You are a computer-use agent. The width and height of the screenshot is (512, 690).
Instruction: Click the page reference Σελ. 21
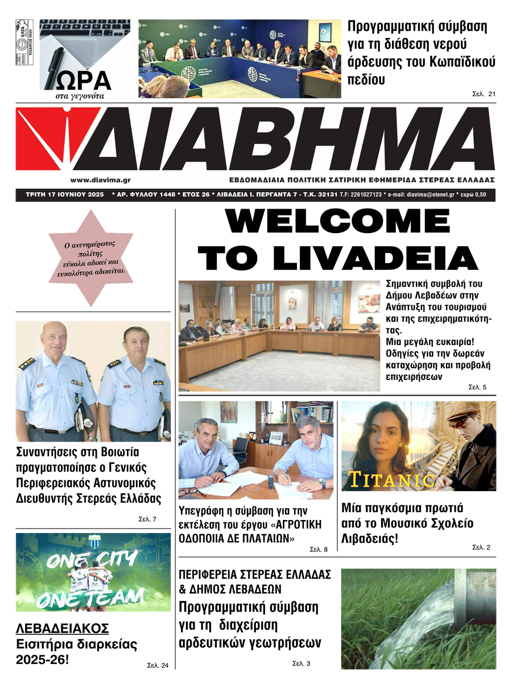484,94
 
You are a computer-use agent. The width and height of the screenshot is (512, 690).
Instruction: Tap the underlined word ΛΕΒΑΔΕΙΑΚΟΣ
62,628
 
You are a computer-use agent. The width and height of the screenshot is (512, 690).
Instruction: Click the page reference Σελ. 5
477,387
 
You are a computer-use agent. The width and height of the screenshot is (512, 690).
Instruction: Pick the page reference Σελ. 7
147,519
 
